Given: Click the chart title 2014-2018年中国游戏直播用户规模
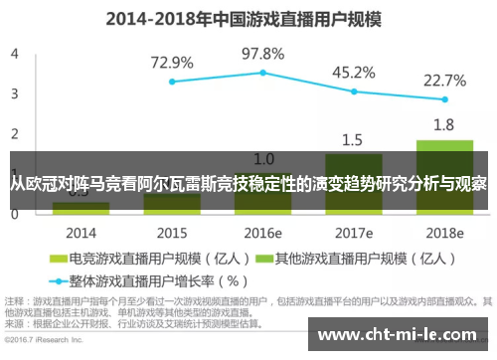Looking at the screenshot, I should point(248,18).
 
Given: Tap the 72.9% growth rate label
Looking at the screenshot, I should point(172,63).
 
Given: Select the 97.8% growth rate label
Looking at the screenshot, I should point(262,53).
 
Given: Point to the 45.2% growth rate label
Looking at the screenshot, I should point(353,72).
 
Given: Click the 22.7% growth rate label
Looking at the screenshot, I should point(444,81).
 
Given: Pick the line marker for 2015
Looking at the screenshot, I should point(172,82).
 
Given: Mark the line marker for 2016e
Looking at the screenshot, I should point(262,73).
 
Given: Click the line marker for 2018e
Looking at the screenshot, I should point(444,99).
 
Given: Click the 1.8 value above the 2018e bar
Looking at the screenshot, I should point(443,124).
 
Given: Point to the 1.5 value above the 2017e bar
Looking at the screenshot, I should point(353,139).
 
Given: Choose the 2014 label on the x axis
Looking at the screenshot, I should point(81,232).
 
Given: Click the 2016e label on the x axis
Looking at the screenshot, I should point(262,232).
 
